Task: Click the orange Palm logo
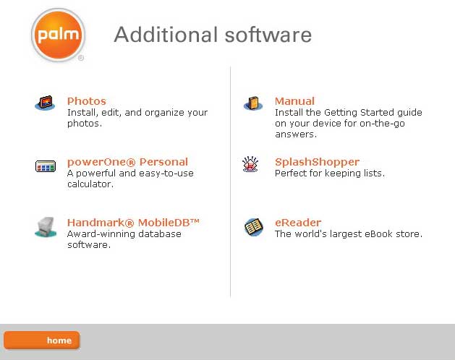pos(58,35)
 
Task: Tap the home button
pos(42,340)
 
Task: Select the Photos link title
pos(87,101)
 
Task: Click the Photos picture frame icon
pos(46,103)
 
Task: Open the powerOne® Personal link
pos(127,162)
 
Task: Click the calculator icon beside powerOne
pos(46,166)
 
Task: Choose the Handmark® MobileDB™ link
pos(133,223)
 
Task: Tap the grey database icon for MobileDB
pos(46,227)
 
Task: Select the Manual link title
pos(294,101)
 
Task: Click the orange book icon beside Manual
pos(253,103)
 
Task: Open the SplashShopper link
pos(317,162)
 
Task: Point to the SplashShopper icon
pos(250,164)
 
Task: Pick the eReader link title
pos(298,223)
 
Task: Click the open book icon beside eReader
pos(254,227)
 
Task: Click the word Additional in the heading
pos(166,35)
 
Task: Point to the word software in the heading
pos(268,35)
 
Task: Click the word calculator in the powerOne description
pos(90,184)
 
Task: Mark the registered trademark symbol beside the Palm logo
pos(81,58)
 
